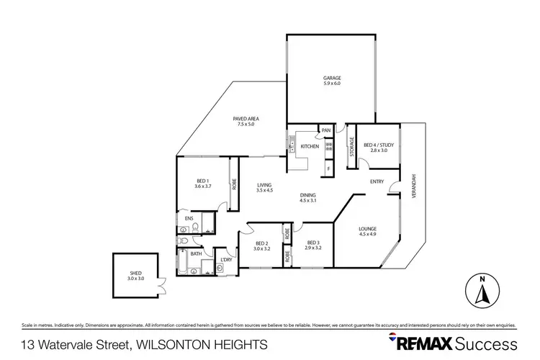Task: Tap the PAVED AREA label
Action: [x=246, y=119]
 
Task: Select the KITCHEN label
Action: [x=310, y=146]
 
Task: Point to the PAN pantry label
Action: [x=326, y=130]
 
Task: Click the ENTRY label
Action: [x=377, y=182]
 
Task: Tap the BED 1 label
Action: [x=202, y=181]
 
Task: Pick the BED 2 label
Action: [x=262, y=243]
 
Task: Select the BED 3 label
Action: [x=312, y=243]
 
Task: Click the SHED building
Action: [x=136, y=275]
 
